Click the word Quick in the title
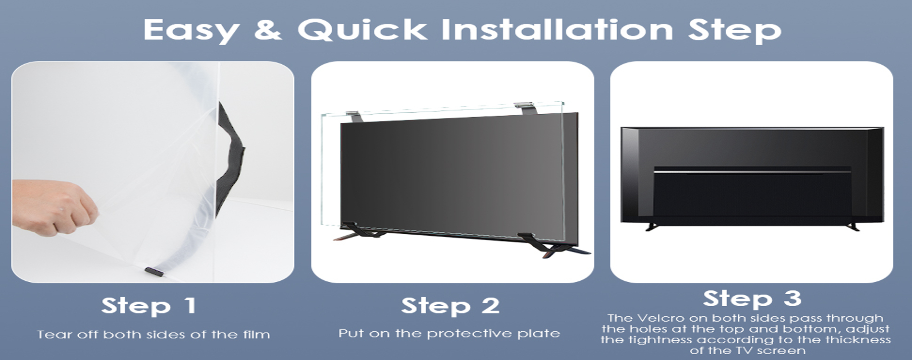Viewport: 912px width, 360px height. coord(362,30)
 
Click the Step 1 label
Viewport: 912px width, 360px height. coord(149,306)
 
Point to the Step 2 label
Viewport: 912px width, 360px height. coord(450,306)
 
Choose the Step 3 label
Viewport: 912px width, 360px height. coord(752,298)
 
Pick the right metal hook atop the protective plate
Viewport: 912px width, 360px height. coord(523,108)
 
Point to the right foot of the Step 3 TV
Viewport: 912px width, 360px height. coord(853,226)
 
